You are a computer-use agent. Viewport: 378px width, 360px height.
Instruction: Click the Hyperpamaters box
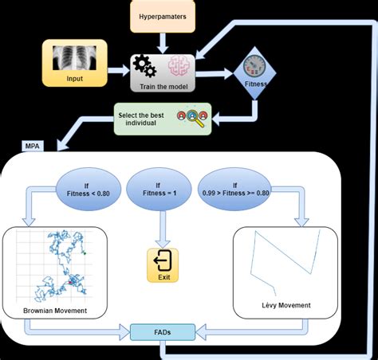point(163,17)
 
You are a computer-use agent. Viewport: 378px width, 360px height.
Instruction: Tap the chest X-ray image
point(74,58)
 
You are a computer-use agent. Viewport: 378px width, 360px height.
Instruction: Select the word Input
point(74,79)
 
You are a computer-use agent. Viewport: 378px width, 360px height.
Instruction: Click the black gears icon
point(144,66)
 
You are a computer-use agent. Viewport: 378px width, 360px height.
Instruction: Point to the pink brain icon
point(179,65)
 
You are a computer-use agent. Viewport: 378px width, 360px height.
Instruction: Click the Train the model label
point(163,87)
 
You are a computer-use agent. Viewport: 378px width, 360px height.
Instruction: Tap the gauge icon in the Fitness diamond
point(254,65)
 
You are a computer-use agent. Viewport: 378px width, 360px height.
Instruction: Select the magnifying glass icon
point(195,118)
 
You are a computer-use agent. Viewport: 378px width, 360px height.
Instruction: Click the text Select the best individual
point(141,119)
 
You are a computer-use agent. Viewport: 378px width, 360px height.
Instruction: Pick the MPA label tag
point(32,146)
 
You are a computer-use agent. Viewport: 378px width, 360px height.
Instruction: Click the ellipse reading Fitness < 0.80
point(89,189)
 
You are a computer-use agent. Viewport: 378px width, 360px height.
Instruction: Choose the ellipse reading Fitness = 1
point(159,189)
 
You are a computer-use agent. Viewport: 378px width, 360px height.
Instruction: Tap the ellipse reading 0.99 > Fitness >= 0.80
point(235,189)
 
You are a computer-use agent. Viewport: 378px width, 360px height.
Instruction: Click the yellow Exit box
point(163,265)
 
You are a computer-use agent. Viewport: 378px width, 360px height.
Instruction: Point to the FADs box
point(163,332)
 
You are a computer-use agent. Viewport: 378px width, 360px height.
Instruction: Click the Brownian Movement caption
point(55,311)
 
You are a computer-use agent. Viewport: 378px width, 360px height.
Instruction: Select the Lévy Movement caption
point(286,305)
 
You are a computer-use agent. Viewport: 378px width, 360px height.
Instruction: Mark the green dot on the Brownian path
point(85,253)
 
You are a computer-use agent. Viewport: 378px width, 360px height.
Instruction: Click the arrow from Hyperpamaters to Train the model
point(163,43)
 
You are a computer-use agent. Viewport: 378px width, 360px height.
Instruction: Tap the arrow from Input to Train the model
point(119,71)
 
